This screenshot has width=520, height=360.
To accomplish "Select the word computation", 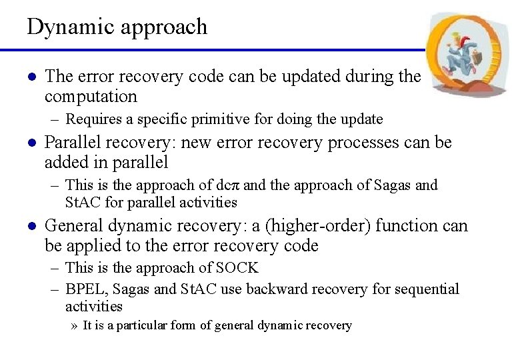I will (x=91, y=97).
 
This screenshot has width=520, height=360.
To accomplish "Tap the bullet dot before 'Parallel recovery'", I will (x=30, y=143).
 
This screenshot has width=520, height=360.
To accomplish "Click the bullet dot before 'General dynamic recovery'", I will (x=30, y=226).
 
